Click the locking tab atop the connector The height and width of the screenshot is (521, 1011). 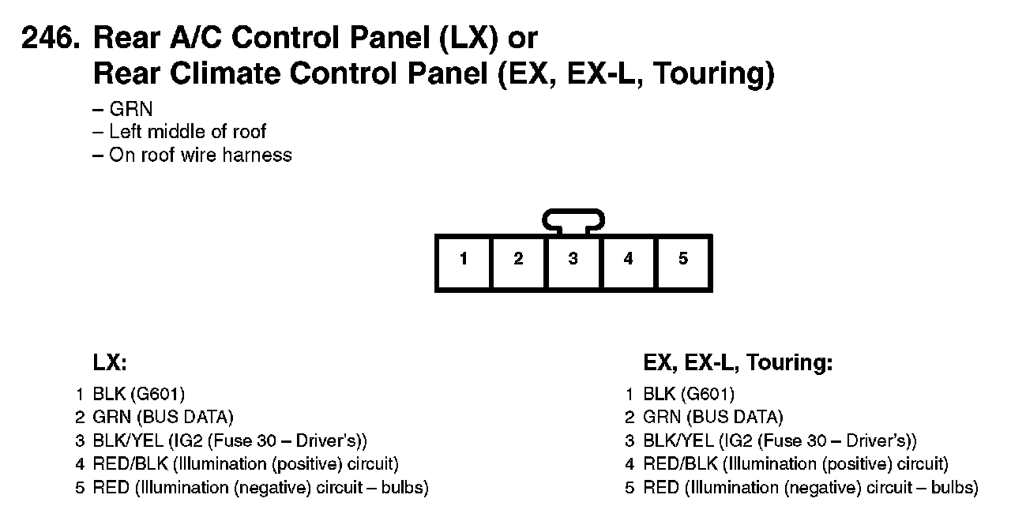click(x=574, y=219)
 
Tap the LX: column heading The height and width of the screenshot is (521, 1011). click(x=110, y=362)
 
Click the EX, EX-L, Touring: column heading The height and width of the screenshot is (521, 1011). click(x=739, y=362)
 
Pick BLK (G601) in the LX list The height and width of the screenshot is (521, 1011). click(x=138, y=394)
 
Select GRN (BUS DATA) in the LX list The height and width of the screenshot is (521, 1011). click(x=163, y=417)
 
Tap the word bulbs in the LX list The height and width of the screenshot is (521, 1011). click(x=404, y=488)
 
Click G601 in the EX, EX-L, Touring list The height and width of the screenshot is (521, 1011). click(x=709, y=394)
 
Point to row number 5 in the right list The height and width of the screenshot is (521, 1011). click(x=630, y=488)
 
